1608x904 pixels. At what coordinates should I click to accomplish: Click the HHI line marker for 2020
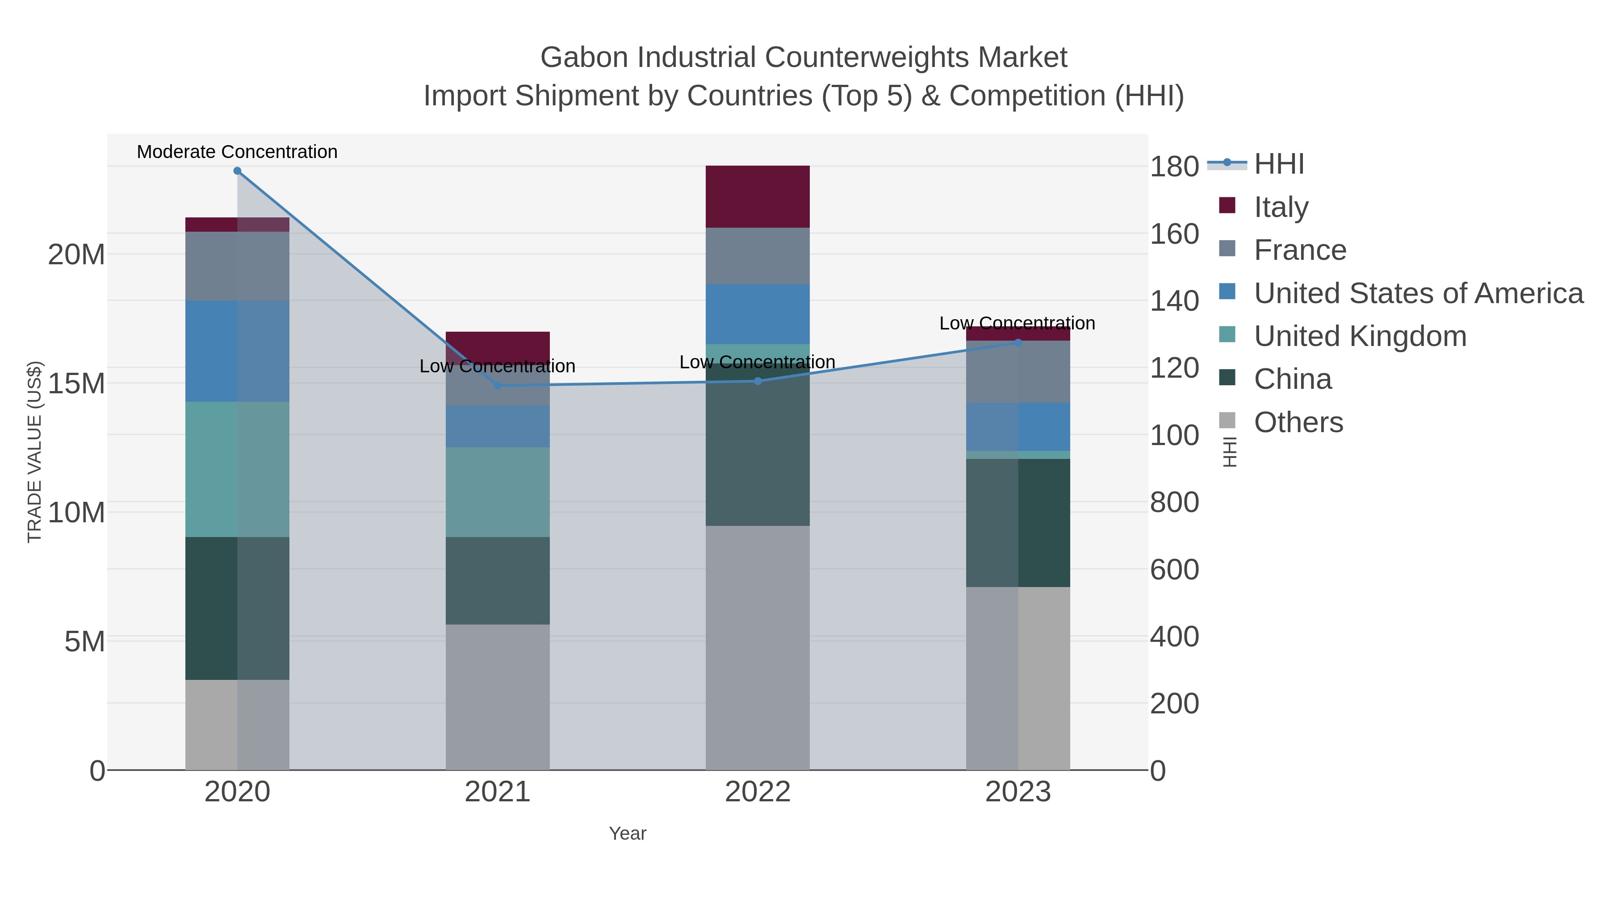237,171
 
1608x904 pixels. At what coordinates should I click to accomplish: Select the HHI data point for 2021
498,386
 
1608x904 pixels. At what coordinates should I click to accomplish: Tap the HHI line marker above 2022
758,381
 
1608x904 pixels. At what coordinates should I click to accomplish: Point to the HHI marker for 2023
1018,342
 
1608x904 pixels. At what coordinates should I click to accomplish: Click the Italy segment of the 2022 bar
758,196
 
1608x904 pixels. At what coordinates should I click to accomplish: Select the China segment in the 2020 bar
237,608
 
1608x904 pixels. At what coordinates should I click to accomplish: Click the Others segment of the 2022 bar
758,648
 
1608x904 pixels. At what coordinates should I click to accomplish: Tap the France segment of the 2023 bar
1018,372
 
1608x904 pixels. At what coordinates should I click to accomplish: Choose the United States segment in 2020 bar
237,351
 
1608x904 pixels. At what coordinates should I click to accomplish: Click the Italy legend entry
1281,207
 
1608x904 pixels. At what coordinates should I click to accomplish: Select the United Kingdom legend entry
1360,336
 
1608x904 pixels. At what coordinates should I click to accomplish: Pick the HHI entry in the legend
1278,164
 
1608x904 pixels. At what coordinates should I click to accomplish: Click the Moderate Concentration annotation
237,152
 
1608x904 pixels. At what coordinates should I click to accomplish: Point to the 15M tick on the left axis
76,383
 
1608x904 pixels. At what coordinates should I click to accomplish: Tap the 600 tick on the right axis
1174,570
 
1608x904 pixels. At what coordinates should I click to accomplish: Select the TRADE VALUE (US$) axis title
35,452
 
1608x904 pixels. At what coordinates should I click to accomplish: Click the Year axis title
628,833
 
